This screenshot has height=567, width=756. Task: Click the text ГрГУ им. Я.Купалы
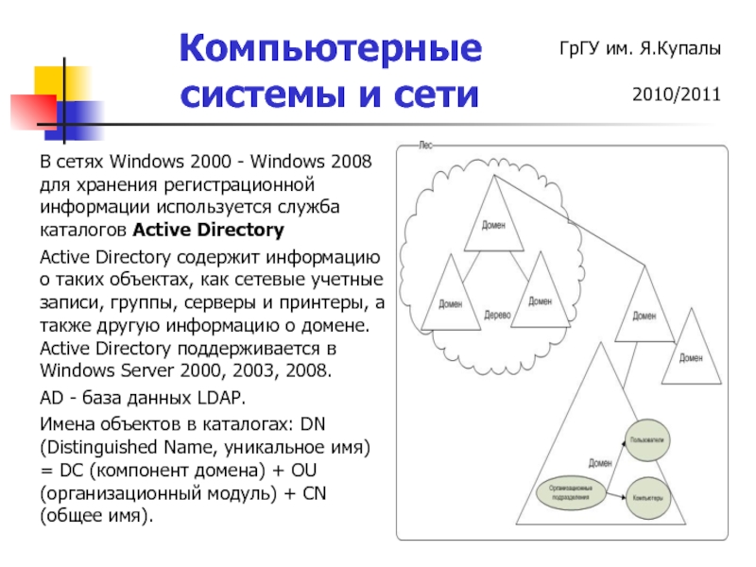640,48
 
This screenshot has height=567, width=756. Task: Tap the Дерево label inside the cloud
497,314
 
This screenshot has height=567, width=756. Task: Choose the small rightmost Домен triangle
691,356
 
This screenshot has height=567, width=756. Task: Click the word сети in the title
438,94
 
